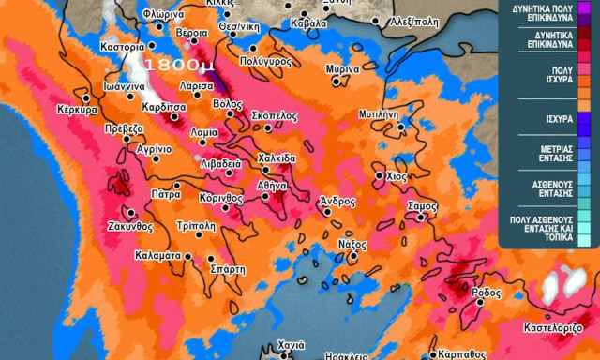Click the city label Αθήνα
click(272, 185)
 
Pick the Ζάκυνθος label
click(129, 226)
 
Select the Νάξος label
click(351, 243)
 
